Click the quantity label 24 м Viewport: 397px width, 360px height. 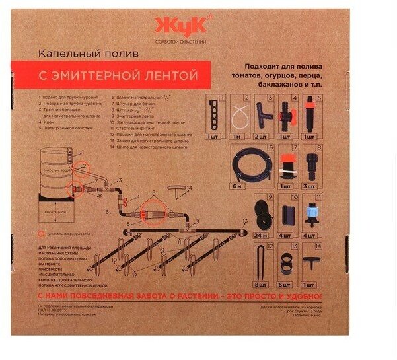260,235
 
